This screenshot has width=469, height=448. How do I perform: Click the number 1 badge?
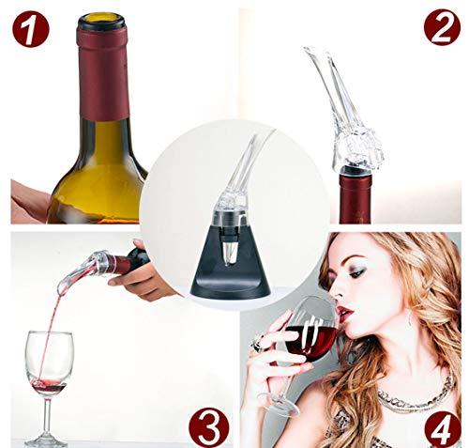click(x=31, y=29)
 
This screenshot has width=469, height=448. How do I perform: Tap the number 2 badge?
click(x=442, y=27)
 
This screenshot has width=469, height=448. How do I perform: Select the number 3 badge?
click(x=209, y=427)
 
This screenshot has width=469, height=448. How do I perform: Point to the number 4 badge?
click(x=443, y=429)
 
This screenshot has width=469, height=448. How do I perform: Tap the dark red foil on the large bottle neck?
click(x=103, y=75)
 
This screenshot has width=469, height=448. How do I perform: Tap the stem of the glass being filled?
click(x=47, y=416)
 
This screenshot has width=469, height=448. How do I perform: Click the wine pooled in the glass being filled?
click(x=50, y=388)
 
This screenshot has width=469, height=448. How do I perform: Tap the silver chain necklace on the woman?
click(x=415, y=397)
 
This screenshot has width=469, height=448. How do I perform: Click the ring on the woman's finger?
click(x=258, y=342)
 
